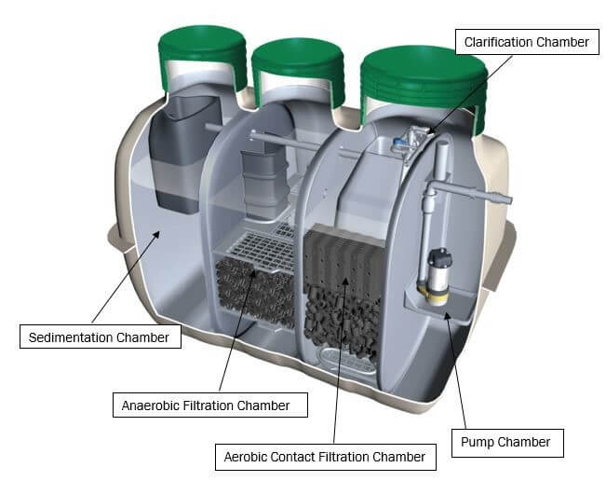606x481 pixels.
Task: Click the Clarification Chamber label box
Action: click(x=527, y=42)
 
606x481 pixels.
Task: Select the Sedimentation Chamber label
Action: click(x=101, y=337)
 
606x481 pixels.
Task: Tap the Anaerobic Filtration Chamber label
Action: click(x=209, y=405)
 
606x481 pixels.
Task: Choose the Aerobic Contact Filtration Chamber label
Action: click(x=326, y=457)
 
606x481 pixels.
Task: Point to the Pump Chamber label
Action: click(x=507, y=443)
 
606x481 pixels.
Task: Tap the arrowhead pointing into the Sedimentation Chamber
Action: click(x=155, y=235)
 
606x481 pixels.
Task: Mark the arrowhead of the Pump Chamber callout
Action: click(x=447, y=315)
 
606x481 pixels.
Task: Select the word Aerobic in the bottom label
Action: click(x=245, y=457)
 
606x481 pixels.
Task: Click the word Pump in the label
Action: click(x=478, y=442)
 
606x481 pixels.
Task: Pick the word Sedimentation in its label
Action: click(x=71, y=337)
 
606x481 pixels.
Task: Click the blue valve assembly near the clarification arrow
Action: click(x=407, y=143)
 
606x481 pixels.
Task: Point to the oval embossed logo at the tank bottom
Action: click(x=347, y=359)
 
